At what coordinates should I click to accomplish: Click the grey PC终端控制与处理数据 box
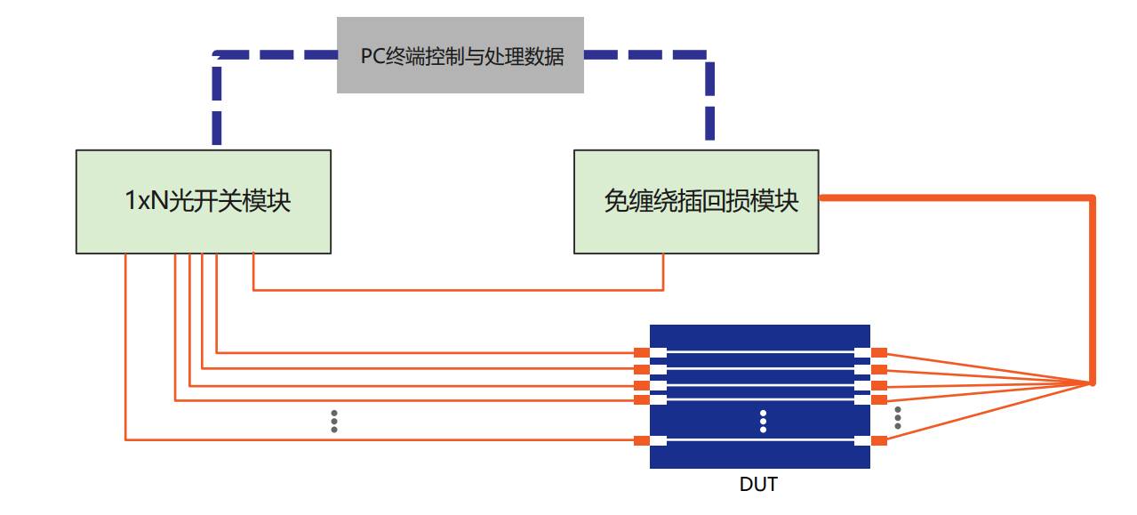click(460, 55)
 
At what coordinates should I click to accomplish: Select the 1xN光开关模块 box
click(204, 202)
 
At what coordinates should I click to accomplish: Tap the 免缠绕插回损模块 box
click(696, 202)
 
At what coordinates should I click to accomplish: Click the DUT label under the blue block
click(758, 485)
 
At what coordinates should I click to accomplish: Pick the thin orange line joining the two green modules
click(458, 289)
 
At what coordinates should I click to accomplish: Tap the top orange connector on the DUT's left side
click(641, 353)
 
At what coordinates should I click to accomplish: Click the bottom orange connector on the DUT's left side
click(641, 440)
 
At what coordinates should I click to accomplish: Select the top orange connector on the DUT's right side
click(879, 353)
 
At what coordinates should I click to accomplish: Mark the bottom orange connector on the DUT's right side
click(879, 440)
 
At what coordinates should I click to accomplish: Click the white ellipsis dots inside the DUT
click(763, 422)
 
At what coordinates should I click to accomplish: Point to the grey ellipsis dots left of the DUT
click(334, 422)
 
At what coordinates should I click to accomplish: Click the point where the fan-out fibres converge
click(1092, 383)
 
